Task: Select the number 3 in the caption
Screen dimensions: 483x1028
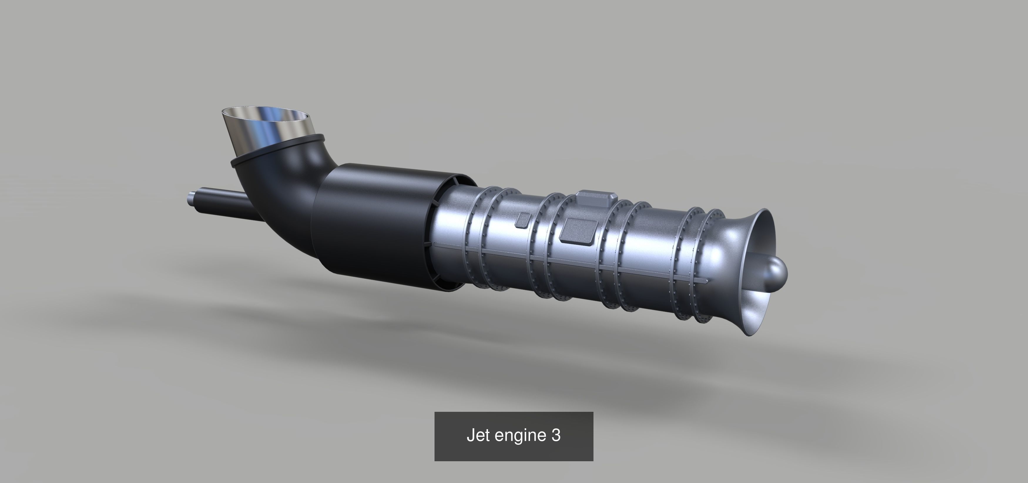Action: point(556,435)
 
